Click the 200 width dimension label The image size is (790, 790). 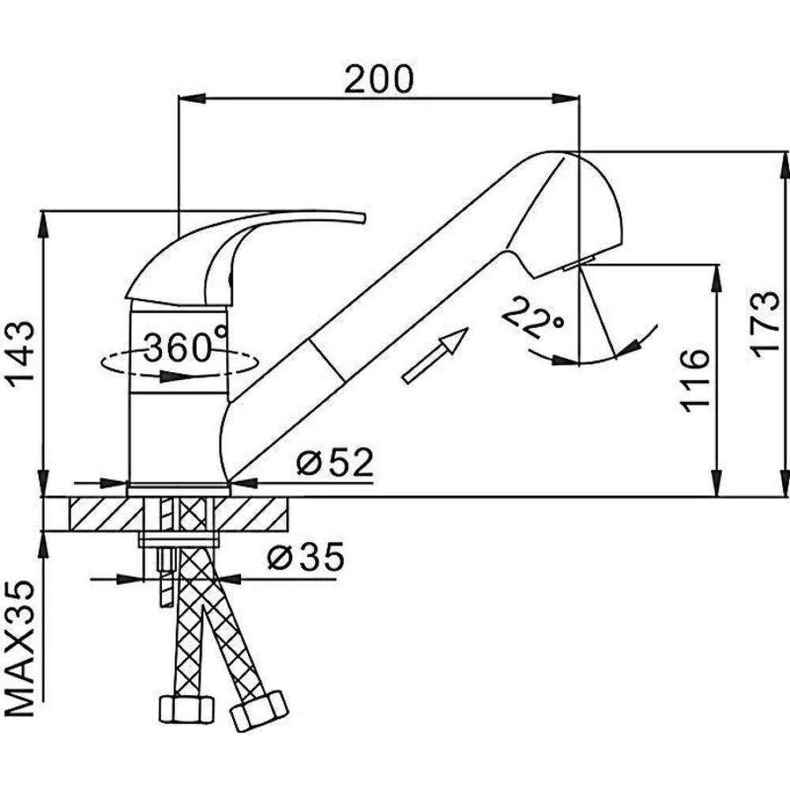click(x=379, y=79)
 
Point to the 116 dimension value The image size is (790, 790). click(x=694, y=381)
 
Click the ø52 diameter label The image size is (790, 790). click(x=335, y=462)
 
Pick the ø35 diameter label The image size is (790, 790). click(x=306, y=557)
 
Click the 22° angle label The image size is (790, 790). click(x=534, y=318)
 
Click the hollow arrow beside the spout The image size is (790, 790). click(x=435, y=355)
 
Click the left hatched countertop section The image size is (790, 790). click(x=106, y=514)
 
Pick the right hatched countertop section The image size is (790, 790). click(x=251, y=514)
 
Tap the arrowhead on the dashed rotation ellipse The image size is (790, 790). click(x=171, y=376)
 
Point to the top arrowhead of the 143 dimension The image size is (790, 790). click(x=44, y=224)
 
